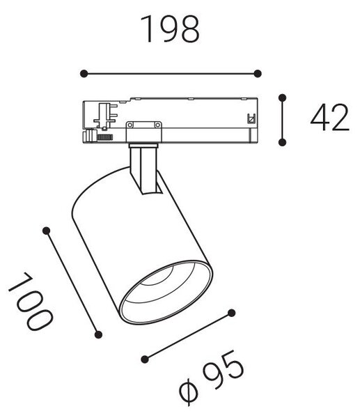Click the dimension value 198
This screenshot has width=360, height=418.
(x=170, y=29)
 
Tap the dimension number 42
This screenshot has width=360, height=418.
(x=330, y=117)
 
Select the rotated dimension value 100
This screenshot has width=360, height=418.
(x=31, y=302)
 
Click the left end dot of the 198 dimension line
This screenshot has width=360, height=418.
(x=84, y=74)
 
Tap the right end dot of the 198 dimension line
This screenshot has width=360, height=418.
(x=258, y=74)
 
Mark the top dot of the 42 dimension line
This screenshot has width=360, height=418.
(x=282, y=98)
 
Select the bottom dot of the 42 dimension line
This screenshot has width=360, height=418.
(x=282, y=142)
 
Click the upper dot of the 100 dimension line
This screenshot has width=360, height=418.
(x=47, y=231)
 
